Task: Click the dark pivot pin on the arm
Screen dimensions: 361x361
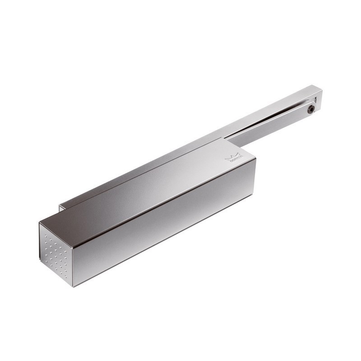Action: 311,109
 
